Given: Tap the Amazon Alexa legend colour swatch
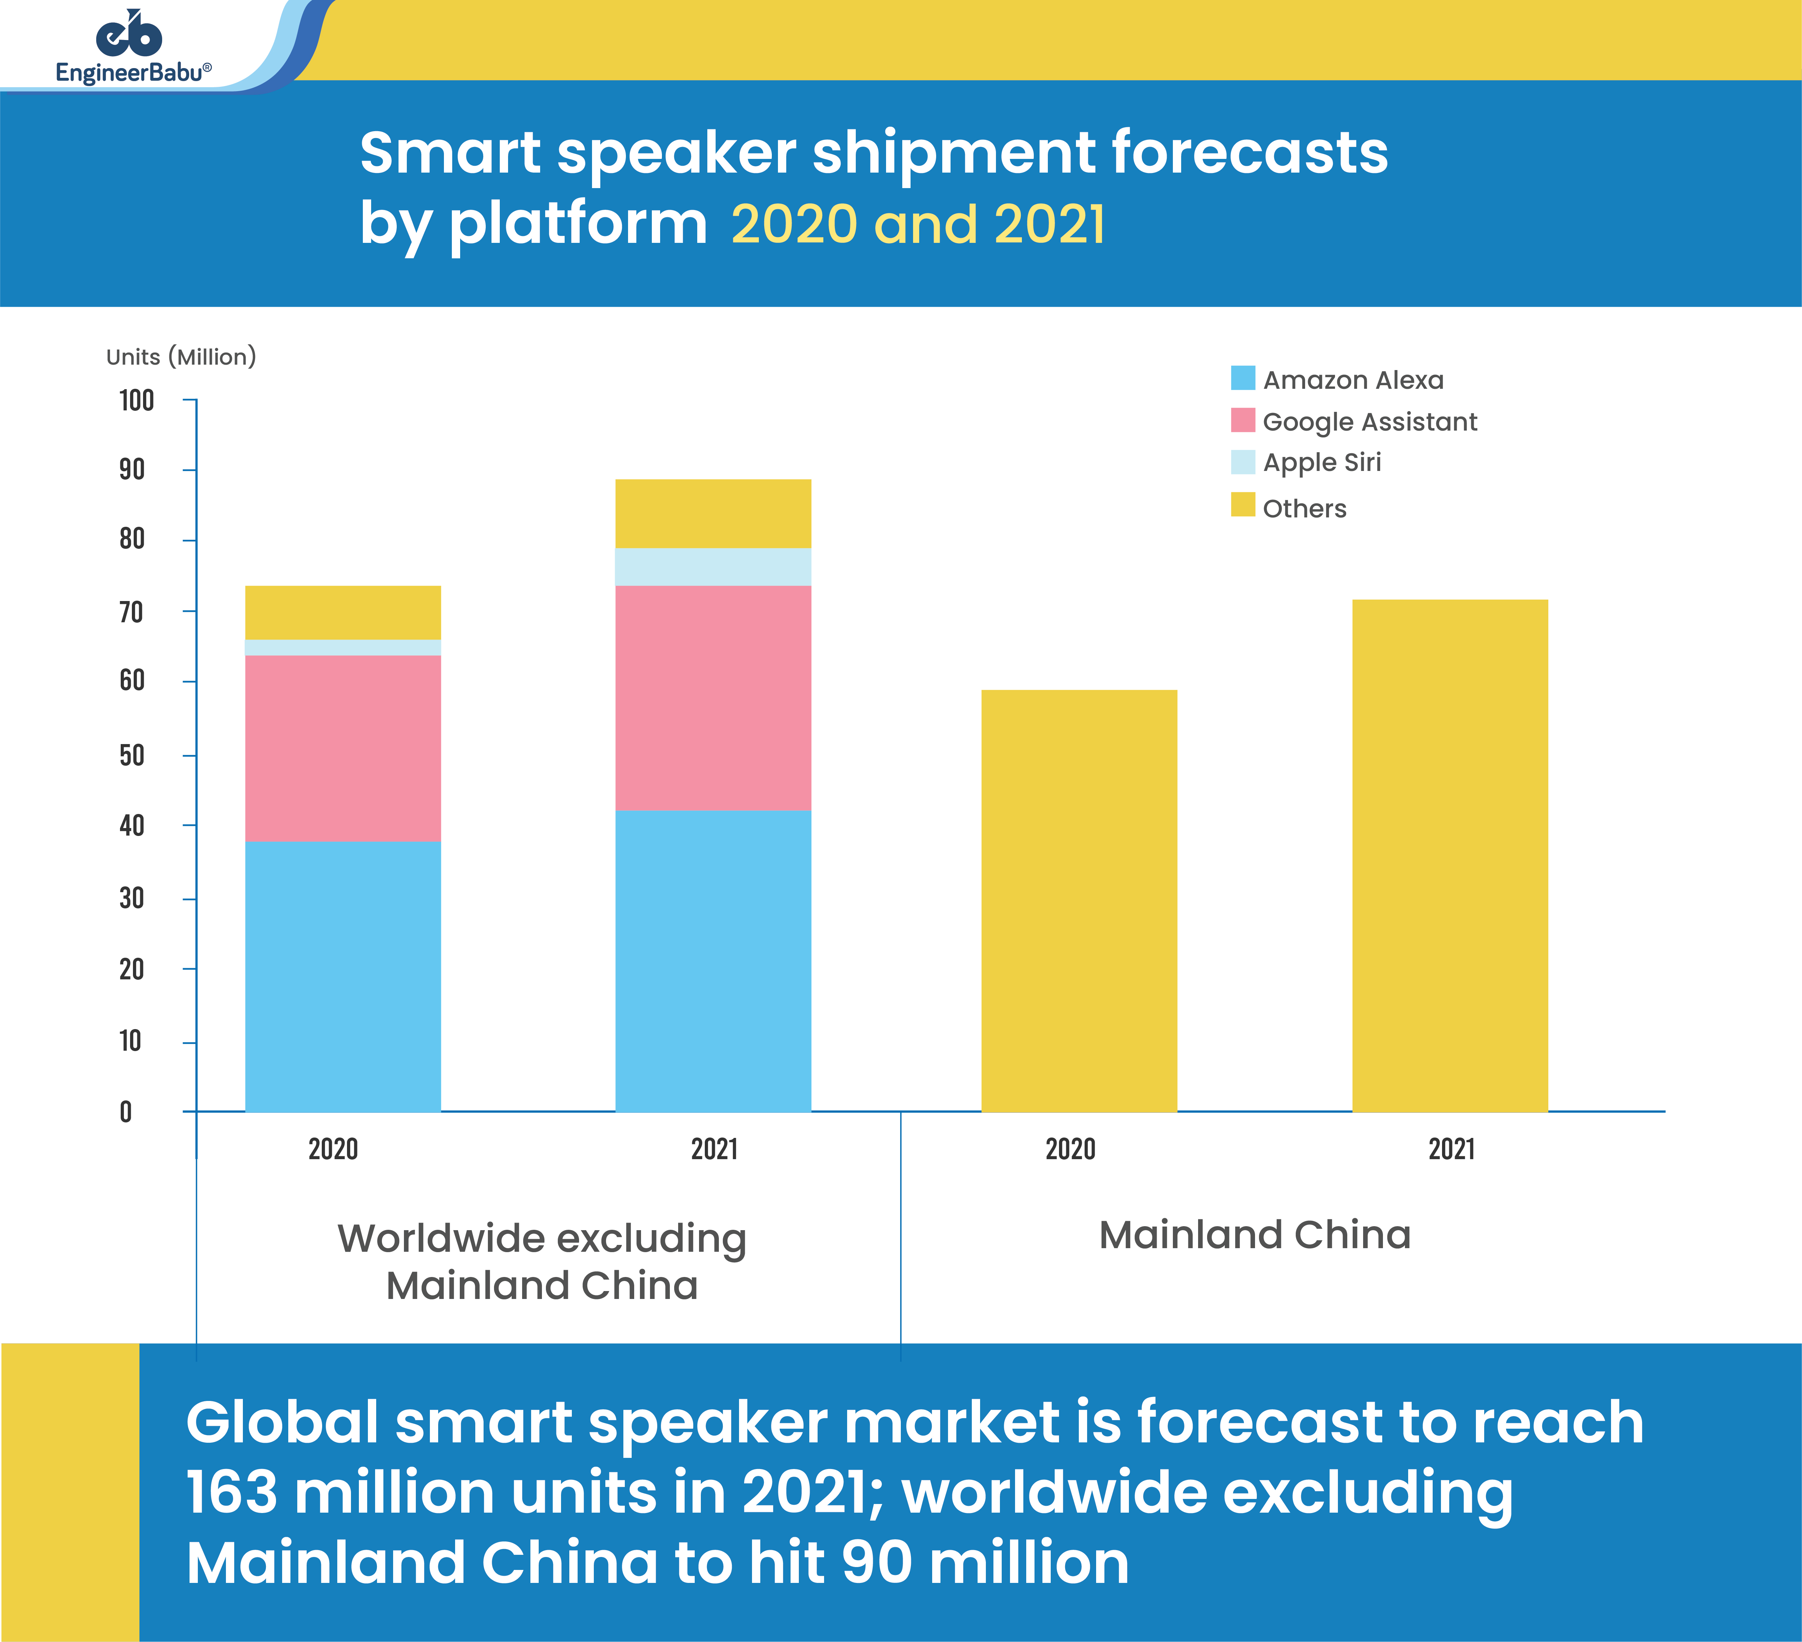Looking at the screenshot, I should click(x=1242, y=378).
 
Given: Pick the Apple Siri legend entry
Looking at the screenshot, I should click(x=1321, y=462).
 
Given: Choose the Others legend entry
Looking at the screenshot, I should click(x=1303, y=508).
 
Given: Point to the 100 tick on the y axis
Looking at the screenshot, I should click(x=137, y=400).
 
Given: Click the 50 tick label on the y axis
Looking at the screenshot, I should click(x=132, y=755).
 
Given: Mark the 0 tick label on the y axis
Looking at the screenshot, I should click(x=126, y=1112).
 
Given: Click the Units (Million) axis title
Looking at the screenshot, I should click(x=181, y=357).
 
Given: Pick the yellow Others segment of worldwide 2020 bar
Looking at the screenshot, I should click(x=342, y=612).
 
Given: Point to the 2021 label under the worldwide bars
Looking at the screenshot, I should click(x=714, y=1149).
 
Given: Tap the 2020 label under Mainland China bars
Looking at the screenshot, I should click(x=1070, y=1149).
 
